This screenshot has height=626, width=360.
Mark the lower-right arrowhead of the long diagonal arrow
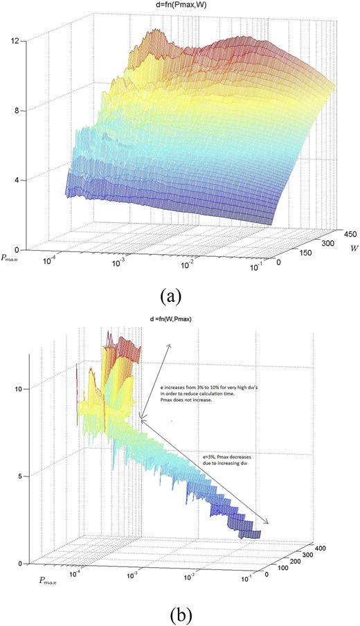click(269, 524)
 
